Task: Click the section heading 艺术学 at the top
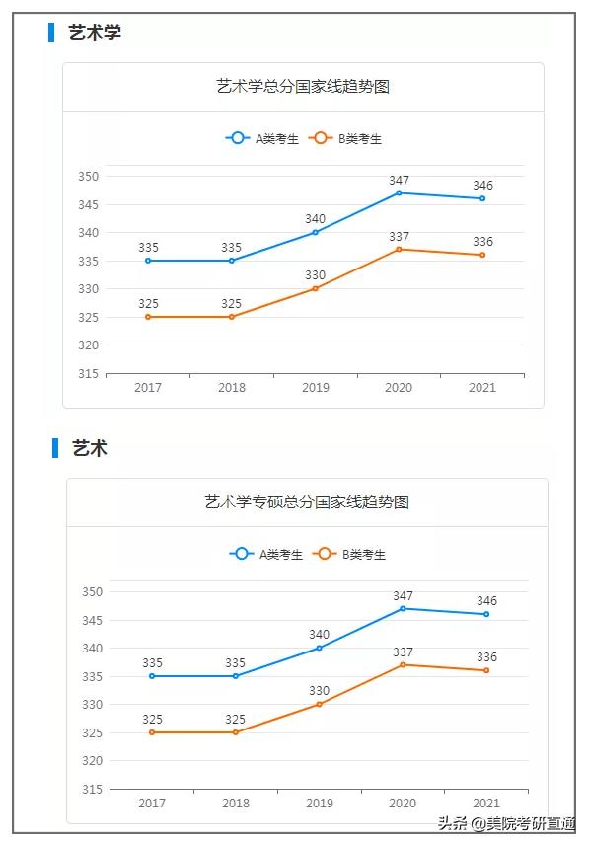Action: (95, 33)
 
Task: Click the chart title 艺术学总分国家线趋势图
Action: (303, 87)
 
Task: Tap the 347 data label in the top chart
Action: (399, 181)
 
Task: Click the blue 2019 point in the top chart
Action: (316, 232)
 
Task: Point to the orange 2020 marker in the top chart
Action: (399, 249)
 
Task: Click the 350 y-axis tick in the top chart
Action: (89, 177)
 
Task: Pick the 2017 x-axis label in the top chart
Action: (148, 388)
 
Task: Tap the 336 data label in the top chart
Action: (482, 242)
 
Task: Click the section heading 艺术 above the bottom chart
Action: (89, 448)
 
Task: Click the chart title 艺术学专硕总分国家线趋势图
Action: (307, 502)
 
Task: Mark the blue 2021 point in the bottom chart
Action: (486, 614)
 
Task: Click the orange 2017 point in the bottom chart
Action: (152, 732)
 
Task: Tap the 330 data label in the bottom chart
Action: (320, 691)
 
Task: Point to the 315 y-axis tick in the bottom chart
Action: (93, 790)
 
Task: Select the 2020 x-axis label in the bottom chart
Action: (403, 804)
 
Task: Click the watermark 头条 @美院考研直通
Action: (507, 824)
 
